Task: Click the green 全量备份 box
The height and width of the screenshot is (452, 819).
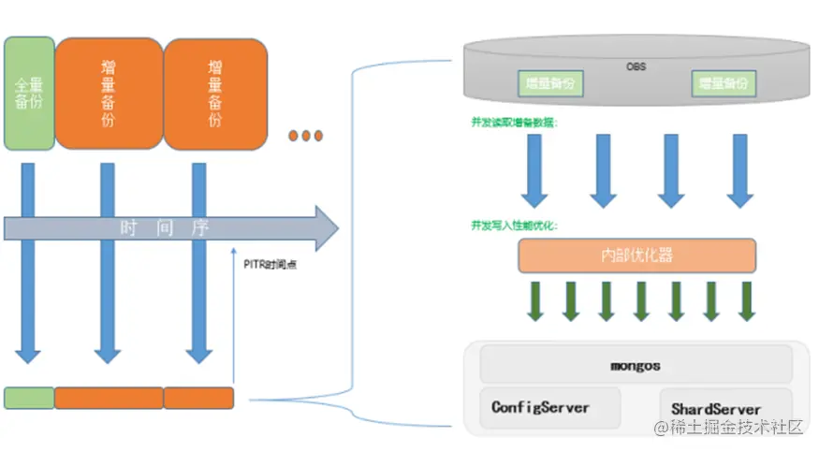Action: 29,94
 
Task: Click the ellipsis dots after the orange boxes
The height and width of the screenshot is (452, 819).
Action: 305,136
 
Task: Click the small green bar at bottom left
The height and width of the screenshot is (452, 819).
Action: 28,398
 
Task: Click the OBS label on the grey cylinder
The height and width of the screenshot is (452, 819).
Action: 636,66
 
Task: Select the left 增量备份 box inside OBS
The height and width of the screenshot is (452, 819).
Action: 550,83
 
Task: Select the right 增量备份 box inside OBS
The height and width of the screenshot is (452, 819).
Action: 723,83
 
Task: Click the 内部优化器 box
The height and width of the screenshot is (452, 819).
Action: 636,255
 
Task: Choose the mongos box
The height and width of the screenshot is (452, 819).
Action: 636,363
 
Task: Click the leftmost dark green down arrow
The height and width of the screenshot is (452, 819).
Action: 535,299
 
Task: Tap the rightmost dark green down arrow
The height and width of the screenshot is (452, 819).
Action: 746,299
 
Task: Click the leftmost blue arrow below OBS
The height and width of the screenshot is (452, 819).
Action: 534,169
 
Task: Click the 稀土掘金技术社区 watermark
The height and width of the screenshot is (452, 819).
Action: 729,428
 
